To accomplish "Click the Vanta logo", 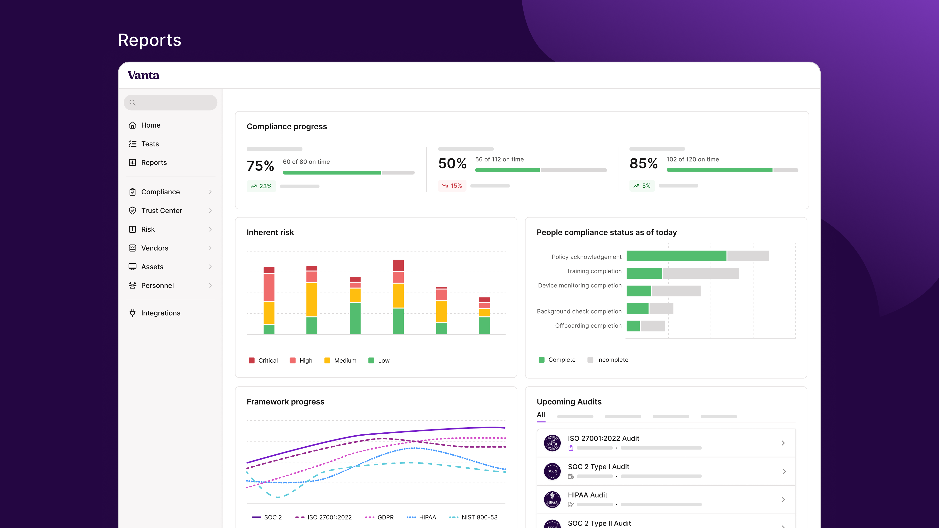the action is pos(143,76).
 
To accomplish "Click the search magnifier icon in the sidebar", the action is pos(132,103).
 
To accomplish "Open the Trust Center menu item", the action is pos(161,211).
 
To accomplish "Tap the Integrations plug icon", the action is pos(132,313).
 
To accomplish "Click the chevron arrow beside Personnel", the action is pos(210,285).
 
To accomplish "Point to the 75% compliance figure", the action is pos(260,166).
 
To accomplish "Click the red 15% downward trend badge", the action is pos(452,186).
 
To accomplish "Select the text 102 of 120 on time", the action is pos(693,159).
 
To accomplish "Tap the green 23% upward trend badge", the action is pos(261,186).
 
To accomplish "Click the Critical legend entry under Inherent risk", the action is pos(263,360).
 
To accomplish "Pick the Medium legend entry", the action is pos(340,360).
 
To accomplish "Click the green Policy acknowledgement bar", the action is pos(676,256).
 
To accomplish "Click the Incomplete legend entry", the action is pos(608,360).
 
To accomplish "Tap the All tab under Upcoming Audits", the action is pos(541,415).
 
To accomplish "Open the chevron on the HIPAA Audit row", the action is pos(783,500).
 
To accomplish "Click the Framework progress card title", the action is pos(285,402).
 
